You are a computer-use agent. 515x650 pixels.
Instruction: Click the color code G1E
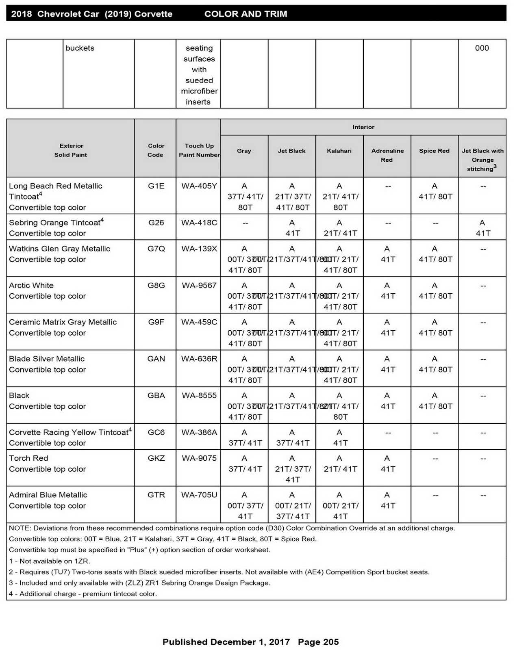(156, 186)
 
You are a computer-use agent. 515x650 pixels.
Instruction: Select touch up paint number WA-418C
(199, 223)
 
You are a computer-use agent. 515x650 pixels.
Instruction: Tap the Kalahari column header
(339, 151)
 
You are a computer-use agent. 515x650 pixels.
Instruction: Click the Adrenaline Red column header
(387, 155)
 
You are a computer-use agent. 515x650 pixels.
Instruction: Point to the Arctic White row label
(31, 286)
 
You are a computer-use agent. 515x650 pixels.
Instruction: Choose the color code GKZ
(156, 458)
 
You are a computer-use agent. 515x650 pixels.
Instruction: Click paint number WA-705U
(199, 495)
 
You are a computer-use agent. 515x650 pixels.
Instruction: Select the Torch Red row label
(28, 458)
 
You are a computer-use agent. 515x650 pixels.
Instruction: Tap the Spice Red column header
(434, 151)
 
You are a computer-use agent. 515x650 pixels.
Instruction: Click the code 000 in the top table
(482, 48)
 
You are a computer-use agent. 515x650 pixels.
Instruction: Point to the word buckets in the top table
(80, 48)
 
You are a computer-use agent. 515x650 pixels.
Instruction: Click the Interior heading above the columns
(363, 127)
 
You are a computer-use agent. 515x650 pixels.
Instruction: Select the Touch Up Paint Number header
(199, 150)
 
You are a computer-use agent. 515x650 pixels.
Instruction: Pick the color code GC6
(156, 432)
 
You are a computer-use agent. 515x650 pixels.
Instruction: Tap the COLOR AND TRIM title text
(246, 14)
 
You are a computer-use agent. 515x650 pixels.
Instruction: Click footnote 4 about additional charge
(83, 594)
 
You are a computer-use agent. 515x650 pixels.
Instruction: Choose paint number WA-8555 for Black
(199, 396)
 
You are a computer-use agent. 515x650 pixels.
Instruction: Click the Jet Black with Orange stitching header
(482, 160)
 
